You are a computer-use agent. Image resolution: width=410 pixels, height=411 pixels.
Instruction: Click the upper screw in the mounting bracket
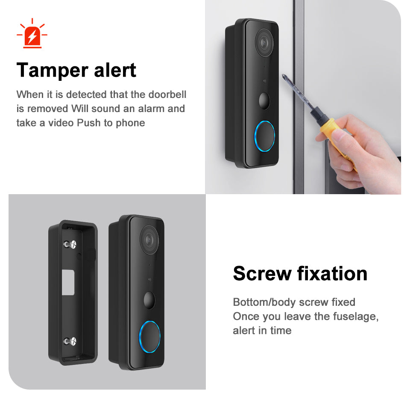(71, 244)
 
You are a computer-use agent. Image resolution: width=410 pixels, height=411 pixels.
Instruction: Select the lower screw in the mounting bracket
(71, 341)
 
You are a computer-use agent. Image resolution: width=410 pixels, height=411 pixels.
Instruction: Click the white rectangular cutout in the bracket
(68, 282)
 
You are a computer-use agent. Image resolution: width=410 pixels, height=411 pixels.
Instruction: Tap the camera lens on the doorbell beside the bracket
(149, 240)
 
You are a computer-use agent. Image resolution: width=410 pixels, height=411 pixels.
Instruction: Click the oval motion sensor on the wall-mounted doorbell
(265, 100)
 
